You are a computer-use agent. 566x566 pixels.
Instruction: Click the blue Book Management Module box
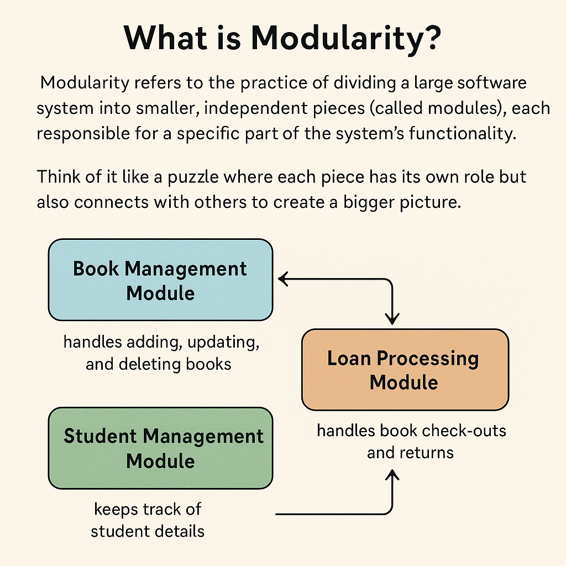160,280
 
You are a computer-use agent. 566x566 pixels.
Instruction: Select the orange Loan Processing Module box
405,369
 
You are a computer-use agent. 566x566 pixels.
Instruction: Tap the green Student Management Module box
160,448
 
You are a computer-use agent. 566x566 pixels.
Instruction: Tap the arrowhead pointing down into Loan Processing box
392,319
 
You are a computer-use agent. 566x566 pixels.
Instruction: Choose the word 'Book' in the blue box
96,269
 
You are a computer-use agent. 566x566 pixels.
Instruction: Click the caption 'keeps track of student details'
148,520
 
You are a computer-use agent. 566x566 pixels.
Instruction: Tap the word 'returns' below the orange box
426,453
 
